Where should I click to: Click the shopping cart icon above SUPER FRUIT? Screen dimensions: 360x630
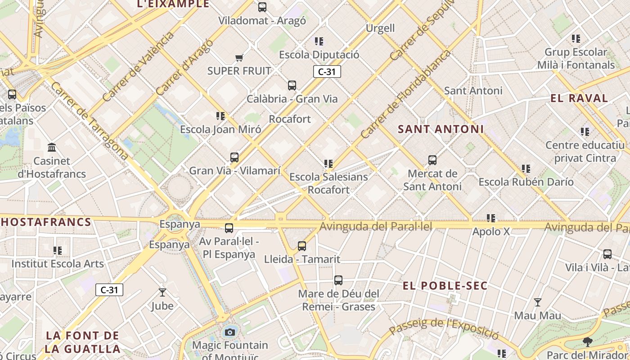[x=239, y=58]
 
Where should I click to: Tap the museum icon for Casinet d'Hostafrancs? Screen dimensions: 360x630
[x=52, y=147]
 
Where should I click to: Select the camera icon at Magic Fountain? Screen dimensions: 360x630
[x=230, y=332]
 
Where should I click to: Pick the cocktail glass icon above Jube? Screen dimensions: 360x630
[x=162, y=292]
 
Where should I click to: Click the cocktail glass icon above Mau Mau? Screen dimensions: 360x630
[x=537, y=302]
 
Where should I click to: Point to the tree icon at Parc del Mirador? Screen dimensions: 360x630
[x=587, y=342]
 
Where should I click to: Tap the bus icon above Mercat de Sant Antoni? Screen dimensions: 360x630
[x=432, y=160]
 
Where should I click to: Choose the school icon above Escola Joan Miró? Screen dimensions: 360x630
[x=220, y=116]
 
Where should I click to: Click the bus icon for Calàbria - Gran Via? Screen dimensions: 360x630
[x=292, y=85]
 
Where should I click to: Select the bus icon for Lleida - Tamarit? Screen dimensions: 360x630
[x=302, y=246]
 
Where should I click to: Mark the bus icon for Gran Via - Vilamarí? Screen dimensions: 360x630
[x=234, y=157]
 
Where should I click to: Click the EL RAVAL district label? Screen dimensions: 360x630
[x=579, y=98]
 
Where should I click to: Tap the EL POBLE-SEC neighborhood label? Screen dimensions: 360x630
[x=445, y=286]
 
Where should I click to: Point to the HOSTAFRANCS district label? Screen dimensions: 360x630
[x=46, y=222]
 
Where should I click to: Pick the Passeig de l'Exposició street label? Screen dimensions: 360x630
[x=444, y=328]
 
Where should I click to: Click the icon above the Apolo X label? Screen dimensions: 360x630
[x=491, y=218]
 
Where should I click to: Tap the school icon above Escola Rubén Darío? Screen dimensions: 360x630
[x=526, y=169]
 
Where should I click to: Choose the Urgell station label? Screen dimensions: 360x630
[x=380, y=28]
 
